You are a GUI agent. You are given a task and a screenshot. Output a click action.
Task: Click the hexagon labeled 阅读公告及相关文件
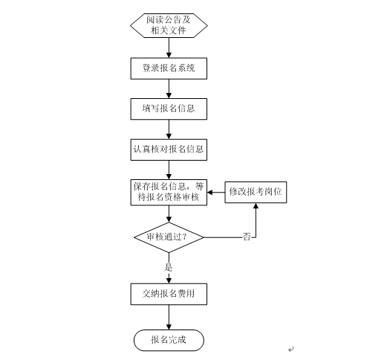click(x=169, y=25)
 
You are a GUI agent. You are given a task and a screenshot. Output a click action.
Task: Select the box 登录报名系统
click(x=169, y=68)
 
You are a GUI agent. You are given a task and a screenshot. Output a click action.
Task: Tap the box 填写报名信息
click(x=169, y=109)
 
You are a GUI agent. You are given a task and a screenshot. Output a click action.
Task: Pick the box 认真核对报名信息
click(x=169, y=150)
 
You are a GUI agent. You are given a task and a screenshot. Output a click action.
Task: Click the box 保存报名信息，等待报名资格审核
click(x=169, y=192)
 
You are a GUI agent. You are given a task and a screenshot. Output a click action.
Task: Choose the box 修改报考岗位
click(x=256, y=192)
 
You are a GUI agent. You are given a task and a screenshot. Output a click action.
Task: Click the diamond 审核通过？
click(x=169, y=237)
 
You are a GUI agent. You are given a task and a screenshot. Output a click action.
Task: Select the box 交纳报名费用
click(x=169, y=294)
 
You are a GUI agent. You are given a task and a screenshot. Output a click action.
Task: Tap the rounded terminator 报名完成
click(x=169, y=340)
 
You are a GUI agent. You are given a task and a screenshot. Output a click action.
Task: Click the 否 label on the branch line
click(x=247, y=237)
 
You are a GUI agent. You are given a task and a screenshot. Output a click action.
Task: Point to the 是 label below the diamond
click(x=169, y=267)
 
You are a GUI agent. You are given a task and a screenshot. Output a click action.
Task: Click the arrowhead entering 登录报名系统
click(x=169, y=55)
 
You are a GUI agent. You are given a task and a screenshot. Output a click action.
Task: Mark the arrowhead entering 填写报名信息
click(x=169, y=95)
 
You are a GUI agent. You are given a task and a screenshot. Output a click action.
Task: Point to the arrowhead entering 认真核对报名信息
click(x=169, y=136)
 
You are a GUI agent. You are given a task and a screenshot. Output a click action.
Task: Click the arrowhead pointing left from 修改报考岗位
click(x=210, y=192)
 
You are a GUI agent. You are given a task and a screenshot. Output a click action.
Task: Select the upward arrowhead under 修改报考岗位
click(x=256, y=206)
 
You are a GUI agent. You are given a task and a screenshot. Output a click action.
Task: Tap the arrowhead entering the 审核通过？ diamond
click(x=169, y=219)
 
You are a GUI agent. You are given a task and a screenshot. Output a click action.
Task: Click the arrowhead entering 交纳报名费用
click(x=169, y=280)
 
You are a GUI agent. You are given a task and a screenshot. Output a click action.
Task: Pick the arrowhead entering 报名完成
click(x=169, y=327)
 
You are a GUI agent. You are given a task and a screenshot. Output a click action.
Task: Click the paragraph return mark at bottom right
click(x=291, y=350)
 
